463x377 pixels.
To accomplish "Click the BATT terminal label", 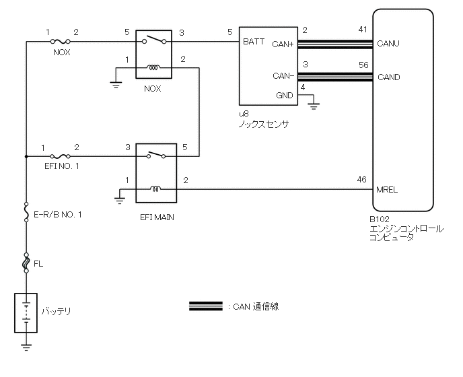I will pos(254,42).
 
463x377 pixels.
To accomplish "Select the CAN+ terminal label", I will pos(282,46).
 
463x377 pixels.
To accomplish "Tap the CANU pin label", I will pos(388,44).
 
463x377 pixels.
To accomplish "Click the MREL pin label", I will pos(388,190).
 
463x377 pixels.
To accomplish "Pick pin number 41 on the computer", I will pos(363,31).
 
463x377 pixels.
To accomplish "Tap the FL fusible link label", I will pos(38,264).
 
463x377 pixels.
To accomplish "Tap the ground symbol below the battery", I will pos(26,348).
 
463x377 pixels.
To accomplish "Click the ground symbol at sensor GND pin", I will pos(314,105).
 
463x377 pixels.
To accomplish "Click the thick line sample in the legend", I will pos(206,306).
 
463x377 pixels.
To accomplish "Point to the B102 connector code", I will pos(380,219).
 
